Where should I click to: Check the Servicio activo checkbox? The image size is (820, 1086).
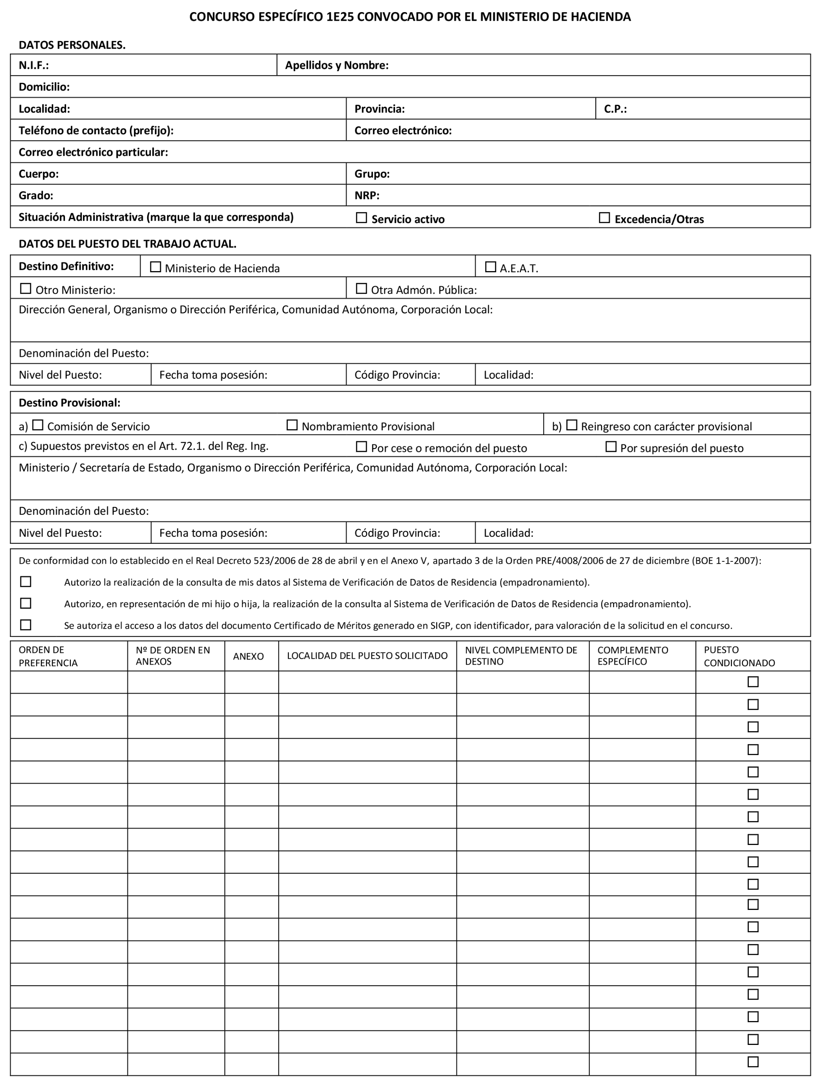click(361, 218)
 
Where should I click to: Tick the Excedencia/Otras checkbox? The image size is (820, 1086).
click(604, 218)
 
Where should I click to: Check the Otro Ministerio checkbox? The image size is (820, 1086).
click(25, 289)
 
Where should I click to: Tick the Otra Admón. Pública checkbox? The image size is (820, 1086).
click(361, 289)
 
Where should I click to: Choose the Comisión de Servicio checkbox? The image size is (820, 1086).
click(38, 425)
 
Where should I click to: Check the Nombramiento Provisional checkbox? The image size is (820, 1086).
click(292, 425)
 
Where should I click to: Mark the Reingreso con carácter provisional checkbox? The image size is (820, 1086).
click(571, 425)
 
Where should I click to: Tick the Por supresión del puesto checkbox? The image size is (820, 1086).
click(611, 447)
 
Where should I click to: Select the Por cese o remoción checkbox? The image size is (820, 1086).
click(361, 447)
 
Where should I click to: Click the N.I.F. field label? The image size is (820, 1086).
click(33, 65)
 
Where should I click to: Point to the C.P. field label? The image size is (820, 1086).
click(615, 109)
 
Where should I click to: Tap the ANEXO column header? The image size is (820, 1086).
click(248, 656)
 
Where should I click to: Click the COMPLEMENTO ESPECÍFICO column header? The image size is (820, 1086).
click(632, 656)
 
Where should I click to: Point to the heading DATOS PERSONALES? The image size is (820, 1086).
click(72, 45)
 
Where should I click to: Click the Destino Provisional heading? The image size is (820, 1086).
click(69, 403)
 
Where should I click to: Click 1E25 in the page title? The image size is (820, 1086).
click(340, 17)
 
